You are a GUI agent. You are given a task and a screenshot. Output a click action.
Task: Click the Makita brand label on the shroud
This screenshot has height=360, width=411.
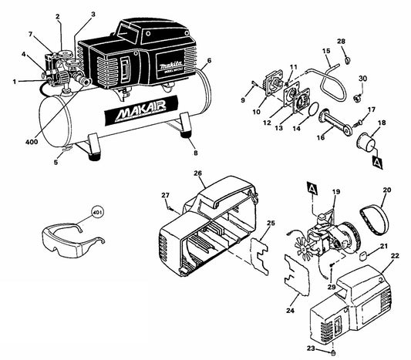tap(167, 68)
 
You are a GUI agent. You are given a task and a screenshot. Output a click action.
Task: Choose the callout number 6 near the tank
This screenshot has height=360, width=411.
tap(209, 60)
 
